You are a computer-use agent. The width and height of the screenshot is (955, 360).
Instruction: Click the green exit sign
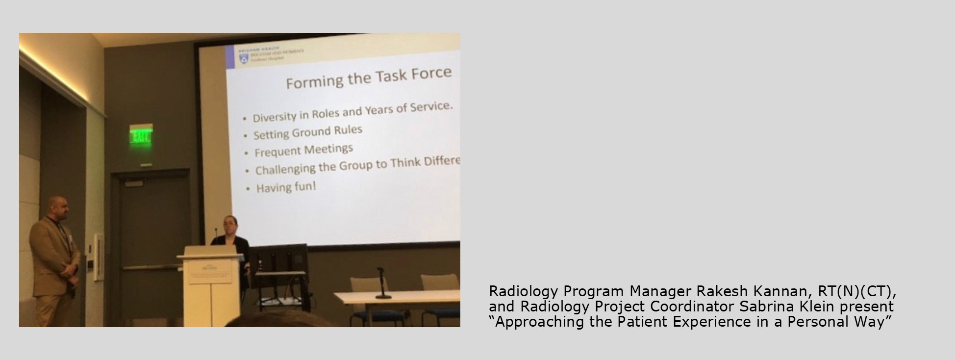pyautogui.click(x=141, y=137)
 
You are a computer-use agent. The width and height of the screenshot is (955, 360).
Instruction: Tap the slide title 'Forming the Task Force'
pyautogui.click(x=368, y=78)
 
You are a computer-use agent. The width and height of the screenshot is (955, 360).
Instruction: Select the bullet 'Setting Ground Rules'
pyautogui.click(x=308, y=132)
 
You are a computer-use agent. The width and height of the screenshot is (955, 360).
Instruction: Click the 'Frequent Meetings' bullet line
pyautogui.click(x=303, y=150)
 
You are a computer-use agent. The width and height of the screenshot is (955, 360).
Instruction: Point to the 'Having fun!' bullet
pyautogui.click(x=286, y=187)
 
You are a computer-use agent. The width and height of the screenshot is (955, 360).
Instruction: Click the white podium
pyautogui.click(x=211, y=284)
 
